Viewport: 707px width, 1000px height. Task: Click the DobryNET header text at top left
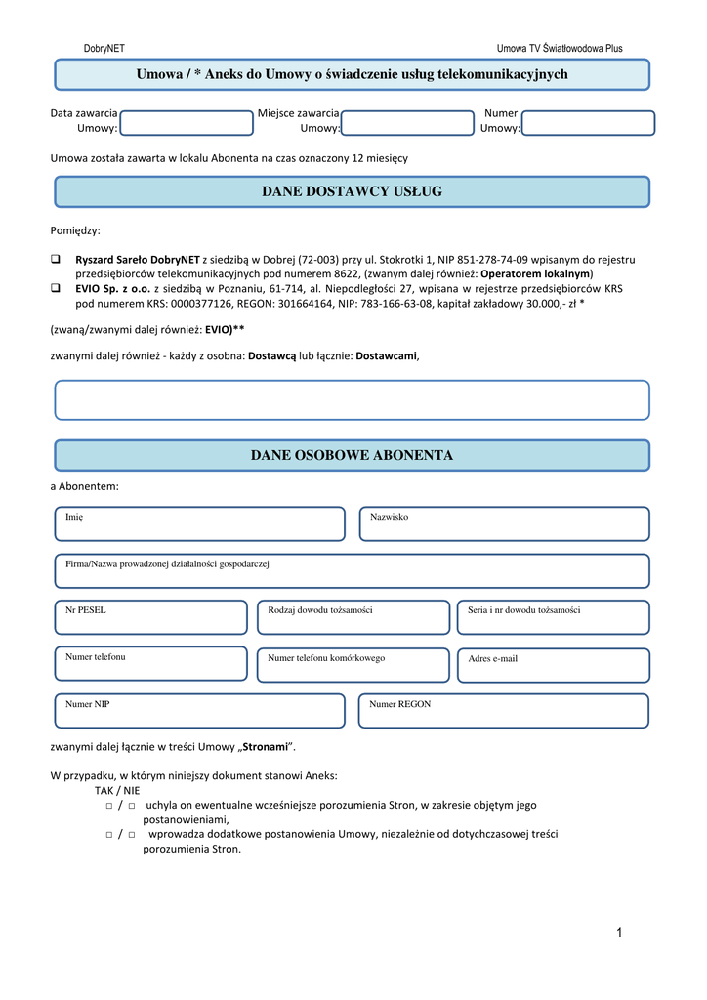point(104,48)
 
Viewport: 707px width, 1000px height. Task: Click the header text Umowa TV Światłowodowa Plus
point(559,48)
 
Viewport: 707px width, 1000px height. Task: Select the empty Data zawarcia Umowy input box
point(187,123)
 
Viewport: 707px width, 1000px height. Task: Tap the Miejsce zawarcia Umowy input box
point(407,123)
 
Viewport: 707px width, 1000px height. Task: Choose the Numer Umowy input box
point(588,123)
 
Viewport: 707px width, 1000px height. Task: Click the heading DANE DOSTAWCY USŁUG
point(352,192)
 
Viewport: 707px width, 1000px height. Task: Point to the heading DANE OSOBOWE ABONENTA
point(352,456)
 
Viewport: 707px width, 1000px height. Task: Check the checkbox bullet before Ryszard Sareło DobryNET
point(56,260)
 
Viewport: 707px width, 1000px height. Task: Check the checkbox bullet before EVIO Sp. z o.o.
point(56,289)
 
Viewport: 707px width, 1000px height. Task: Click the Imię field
point(200,524)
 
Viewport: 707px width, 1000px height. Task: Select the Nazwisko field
point(504,524)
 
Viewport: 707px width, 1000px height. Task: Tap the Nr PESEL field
point(151,618)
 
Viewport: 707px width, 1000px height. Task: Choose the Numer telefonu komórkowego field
point(353,665)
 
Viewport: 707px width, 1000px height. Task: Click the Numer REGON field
point(504,711)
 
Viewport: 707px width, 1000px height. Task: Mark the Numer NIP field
point(200,711)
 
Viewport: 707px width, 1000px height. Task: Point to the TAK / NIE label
point(117,790)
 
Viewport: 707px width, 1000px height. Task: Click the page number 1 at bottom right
point(618,934)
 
